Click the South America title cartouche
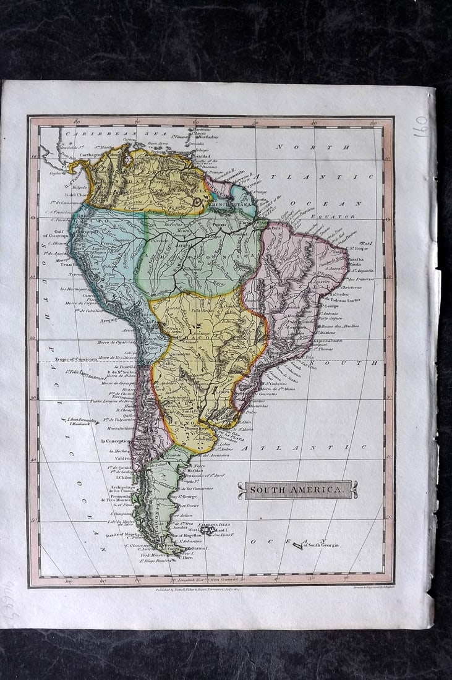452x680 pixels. coord(297,490)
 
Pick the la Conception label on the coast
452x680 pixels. coord(115,441)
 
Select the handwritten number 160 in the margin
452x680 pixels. coord(420,125)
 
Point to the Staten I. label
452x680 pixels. coord(198,548)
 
